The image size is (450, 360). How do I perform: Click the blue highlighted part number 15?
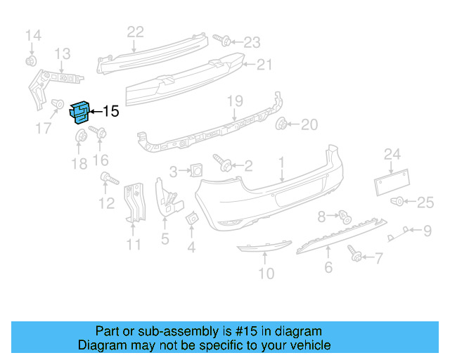click(x=79, y=112)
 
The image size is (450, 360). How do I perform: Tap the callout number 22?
click(x=135, y=31)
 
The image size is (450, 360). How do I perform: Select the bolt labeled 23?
click(x=219, y=39)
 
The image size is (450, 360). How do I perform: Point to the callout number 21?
click(x=264, y=65)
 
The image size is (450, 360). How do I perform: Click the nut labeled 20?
click(x=283, y=125)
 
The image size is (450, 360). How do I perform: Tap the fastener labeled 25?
click(x=397, y=202)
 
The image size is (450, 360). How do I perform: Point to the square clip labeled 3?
click(x=196, y=169)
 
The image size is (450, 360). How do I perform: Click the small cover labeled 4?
click(x=192, y=221)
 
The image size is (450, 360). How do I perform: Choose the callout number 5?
click(x=165, y=239)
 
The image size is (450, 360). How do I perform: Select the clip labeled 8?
click(x=345, y=215)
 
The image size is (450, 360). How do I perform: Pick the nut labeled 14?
click(x=32, y=60)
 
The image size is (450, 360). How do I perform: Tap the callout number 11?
click(x=134, y=245)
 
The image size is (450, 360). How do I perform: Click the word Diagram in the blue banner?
click(x=100, y=345)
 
